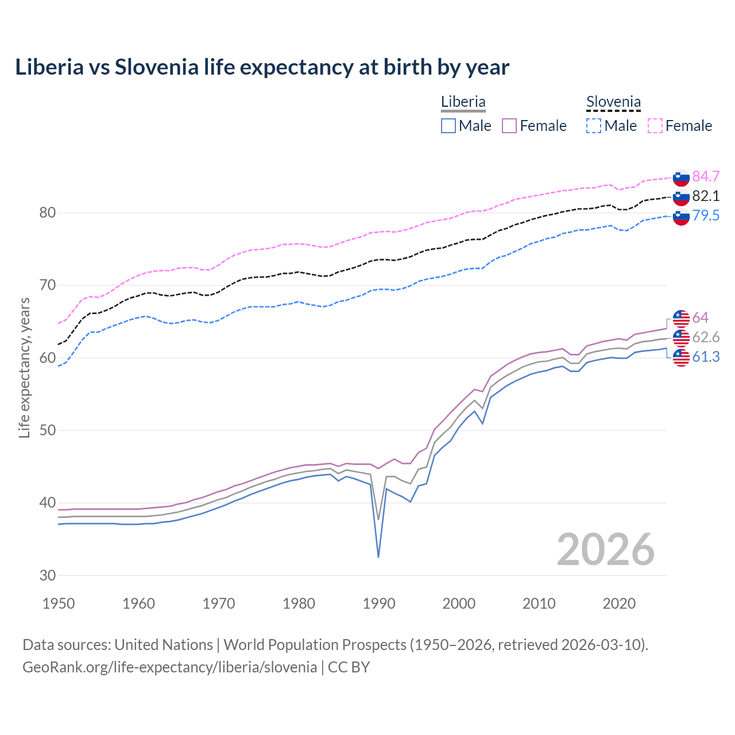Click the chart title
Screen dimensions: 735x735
point(262,67)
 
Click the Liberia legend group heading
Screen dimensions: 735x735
point(463,102)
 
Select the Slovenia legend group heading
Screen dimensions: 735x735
point(613,102)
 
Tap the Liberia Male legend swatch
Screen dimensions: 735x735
point(448,126)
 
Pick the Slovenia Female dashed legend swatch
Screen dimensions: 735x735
point(655,126)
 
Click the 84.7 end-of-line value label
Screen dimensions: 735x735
point(706,176)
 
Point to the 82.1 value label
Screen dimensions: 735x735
point(706,196)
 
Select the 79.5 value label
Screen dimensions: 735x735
point(706,215)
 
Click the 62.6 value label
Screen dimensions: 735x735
point(706,337)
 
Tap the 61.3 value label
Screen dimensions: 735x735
point(706,357)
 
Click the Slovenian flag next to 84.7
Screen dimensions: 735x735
point(681,177)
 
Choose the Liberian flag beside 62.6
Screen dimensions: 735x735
point(681,338)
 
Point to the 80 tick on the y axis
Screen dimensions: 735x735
point(47,212)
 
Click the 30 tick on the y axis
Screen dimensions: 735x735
point(47,575)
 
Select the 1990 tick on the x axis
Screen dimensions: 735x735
point(379,604)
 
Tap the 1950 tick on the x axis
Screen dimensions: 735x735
point(59,604)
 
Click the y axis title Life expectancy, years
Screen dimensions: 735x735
point(24,367)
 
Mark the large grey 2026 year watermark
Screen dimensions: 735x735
point(605,550)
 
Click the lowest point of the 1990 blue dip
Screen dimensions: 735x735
point(378,557)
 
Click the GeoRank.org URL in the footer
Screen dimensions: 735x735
point(170,667)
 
